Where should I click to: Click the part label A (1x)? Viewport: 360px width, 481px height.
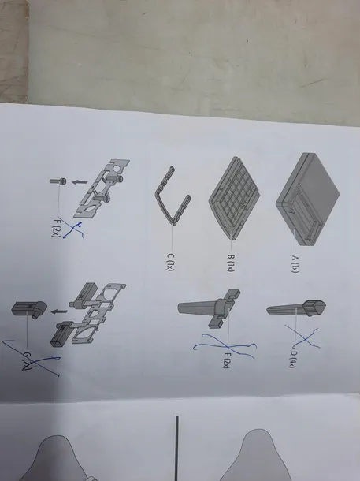[x=295, y=264]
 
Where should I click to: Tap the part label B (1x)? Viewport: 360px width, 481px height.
[x=231, y=263]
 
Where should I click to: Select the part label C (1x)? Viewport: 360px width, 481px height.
[x=171, y=262]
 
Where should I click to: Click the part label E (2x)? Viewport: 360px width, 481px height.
[x=227, y=360]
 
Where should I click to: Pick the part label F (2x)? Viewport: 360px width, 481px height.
[x=56, y=227]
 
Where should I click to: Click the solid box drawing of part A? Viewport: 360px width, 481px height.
[x=307, y=199]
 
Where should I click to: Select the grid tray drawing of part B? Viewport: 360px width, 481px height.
[x=235, y=198]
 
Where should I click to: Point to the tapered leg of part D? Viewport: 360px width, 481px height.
[x=296, y=308]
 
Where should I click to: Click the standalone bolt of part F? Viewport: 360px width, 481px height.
[x=58, y=181]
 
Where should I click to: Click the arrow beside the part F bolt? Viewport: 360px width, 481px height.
[x=80, y=182]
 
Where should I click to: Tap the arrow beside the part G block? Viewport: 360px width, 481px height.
[x=59, y=311]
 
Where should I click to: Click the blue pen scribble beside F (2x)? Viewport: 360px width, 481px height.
[x=73, y=229]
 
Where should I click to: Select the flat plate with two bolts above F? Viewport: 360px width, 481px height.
[x=102, y=188]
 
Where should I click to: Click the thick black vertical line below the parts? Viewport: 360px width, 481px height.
[x=176, y=448]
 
